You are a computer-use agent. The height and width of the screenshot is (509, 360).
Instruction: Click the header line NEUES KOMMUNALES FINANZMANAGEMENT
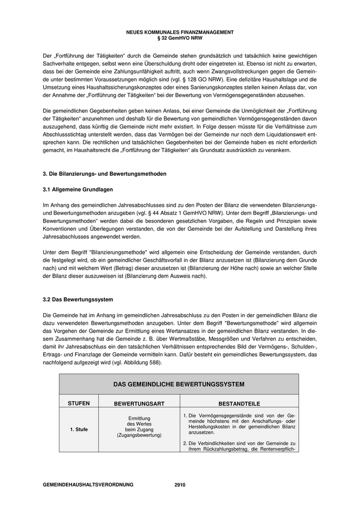point(179,32)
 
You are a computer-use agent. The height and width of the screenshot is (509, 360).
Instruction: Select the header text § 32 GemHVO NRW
point(179,38)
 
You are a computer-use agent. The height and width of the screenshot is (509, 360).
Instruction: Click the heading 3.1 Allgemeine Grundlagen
point(78,190)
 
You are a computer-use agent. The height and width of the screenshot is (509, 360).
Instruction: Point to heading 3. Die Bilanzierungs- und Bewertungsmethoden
point(104,174)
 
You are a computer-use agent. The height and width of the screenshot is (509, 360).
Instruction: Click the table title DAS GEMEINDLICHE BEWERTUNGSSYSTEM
point(179,384)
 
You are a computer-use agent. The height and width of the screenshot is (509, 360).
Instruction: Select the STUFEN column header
point(79,404)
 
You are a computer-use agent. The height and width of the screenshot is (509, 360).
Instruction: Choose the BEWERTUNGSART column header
point(139,404)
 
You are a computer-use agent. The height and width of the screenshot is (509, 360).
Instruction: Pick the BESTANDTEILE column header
point(239,404)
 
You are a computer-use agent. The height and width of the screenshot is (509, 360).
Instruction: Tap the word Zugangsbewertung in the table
point(139,435)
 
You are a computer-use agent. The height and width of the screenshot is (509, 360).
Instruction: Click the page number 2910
point(179,485)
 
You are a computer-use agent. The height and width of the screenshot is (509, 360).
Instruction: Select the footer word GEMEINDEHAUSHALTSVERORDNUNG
point(88,485)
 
